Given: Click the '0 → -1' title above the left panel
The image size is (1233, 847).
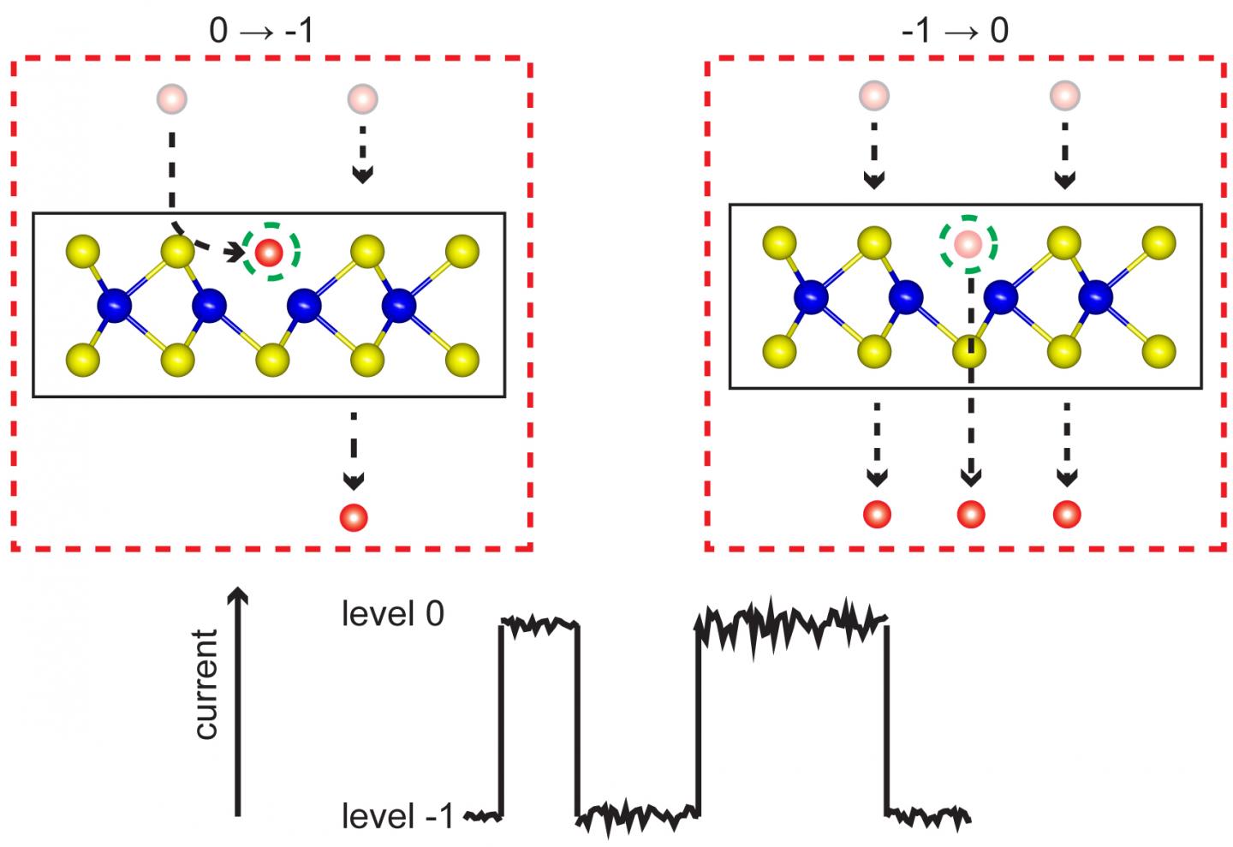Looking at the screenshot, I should pyautogui.click(x=261, y=31).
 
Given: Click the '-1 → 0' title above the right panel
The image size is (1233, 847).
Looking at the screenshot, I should pyautogui.click(x=955, y=31).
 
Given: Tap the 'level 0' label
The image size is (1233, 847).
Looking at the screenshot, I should pyautogui.click(x=392, y=614).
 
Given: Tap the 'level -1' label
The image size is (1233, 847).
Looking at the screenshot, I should pyautogui.click(x=397, y=816).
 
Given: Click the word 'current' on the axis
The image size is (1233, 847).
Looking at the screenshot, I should pyautogui.click(x=206, y=684).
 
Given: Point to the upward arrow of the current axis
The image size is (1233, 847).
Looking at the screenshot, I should pyautogui.click(x=238, y=599).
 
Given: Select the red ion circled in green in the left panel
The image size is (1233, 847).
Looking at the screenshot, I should pyautogui.click(x=269, y=252).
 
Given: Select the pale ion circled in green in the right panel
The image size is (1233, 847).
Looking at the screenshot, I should pyautogui.click(x=968, y=245).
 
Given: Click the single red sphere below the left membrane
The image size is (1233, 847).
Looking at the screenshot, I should pyautogui.click(x=354, y=517).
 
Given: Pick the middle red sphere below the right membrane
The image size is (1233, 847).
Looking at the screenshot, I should pyautogui.click(x=970, y=514).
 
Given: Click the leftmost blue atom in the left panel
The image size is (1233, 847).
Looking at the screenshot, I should pyautogui.click(x=116, y=305).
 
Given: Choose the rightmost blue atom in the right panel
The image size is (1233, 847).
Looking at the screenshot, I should pyautogui.click(x=1095, y=297).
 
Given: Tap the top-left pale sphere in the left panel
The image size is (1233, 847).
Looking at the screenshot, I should pyautogui.click(x=172, y=99).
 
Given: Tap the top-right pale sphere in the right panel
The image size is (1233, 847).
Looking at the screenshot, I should pyautogui.click(x=1065, y=95).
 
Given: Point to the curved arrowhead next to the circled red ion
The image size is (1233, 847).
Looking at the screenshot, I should pyautogui.click(x=235, y=251).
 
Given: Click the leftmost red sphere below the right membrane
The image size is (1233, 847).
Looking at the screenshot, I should pyautogui.click(x=877, y=514).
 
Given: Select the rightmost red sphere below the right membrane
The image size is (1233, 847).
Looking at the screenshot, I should pyautogui.click(x=1066, y=514).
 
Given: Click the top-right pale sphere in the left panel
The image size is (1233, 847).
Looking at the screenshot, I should pyautogui.click(x=362, y=99).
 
